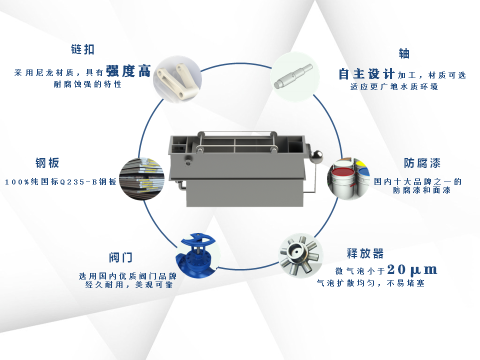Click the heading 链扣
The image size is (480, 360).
click(x=82, y=49)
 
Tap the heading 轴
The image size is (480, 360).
click(x=403, y=53)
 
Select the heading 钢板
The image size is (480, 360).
click(x=47, y=163)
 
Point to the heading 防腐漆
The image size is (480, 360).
click(x=422, y=163)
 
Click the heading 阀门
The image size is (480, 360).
click(x=120, y=257)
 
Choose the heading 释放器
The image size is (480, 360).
click(x=365, y=253)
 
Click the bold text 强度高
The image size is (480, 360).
click(x=128, y=71)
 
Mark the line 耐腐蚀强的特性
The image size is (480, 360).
click(x=87, y=84)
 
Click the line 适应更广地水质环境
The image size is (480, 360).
click(x=394, y=87)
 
